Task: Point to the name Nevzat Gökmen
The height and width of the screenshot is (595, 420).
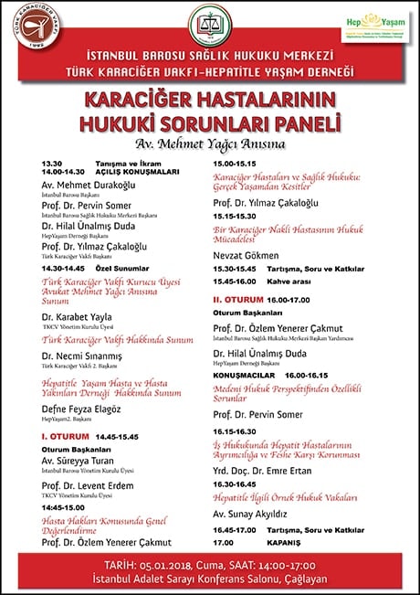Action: [x=246, y=255]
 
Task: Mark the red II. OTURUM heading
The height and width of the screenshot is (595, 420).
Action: [x=239, y=298]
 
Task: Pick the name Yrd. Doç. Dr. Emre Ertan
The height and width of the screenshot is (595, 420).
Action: [x=266, y=472]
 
